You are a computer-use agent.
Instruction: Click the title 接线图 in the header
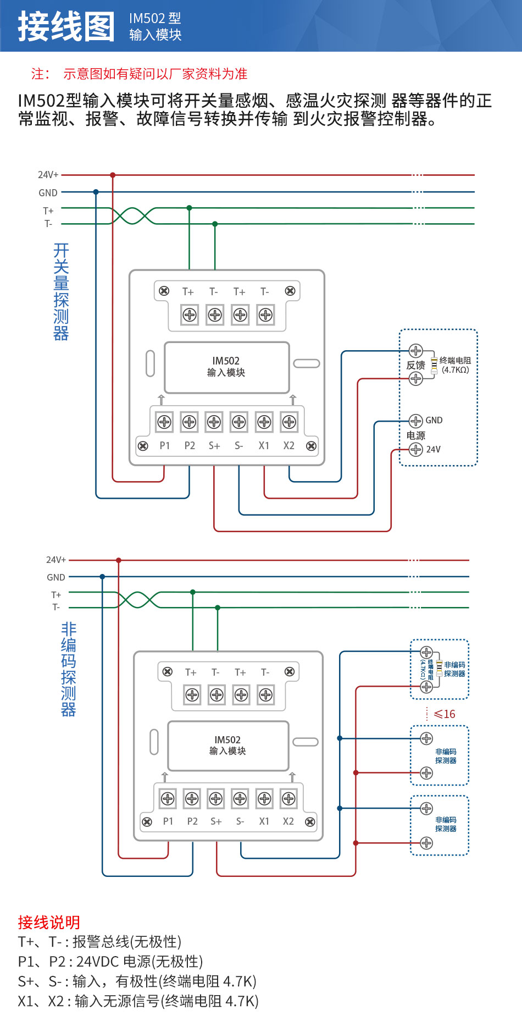[x=66, y=26]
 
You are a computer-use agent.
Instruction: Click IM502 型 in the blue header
[x=155, y=18]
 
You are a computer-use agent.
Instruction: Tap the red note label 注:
[x=40, y=74]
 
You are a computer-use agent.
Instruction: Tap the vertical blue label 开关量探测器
[x=61, y=292]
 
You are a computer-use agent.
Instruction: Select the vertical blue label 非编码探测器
[x=68, y=669]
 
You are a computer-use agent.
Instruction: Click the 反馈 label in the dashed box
[x=415, y=365]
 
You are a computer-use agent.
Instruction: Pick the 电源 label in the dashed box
[x=415, y=435]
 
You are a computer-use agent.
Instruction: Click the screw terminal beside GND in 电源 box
[x=416, y=421]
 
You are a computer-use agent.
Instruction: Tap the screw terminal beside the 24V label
[x=416, y=450]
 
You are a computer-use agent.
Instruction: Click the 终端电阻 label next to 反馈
[x=455, y=361]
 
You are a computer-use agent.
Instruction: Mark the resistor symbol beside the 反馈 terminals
[x=434, y=365]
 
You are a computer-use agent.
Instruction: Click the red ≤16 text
[x=444, y=714]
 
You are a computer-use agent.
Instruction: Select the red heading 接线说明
[x=49, y=922]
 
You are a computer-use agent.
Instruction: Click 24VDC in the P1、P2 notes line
[x=97, y=962]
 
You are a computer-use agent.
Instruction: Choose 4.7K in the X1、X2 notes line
[x=242, y=1001]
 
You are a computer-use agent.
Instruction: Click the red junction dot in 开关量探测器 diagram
[x=113, y=175]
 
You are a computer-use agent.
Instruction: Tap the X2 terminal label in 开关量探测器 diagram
[x=288, y=446]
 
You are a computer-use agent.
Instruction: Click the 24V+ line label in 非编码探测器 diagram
[x=55, y=560]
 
